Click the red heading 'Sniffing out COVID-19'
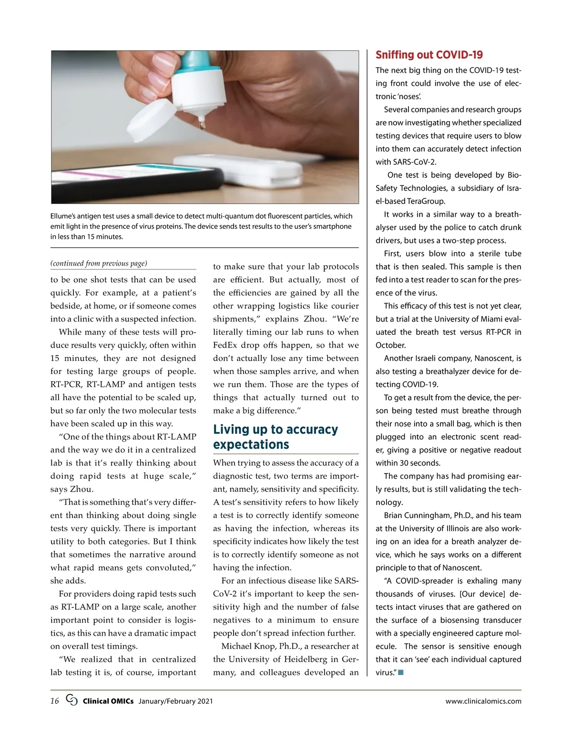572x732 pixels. (429, 55)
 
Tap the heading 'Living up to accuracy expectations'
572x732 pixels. (275, 437)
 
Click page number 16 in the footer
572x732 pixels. (55, 701)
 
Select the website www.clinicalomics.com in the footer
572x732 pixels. (483, 701)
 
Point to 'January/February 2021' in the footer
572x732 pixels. (175, 701)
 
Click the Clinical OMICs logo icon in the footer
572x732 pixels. (71, 700)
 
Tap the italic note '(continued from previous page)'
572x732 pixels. (99, 263)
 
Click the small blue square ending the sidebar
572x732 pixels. (401, 672)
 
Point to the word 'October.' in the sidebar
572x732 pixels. (391, 345)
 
